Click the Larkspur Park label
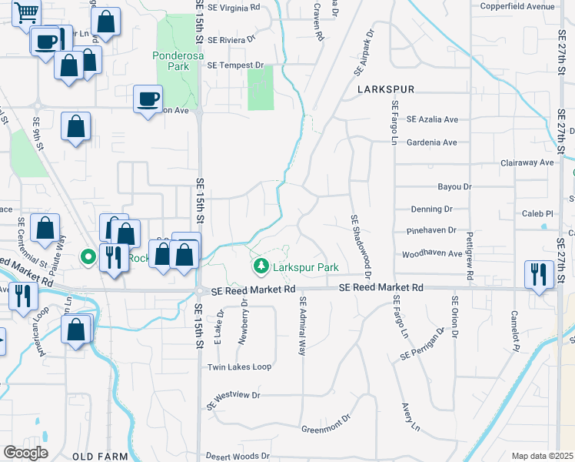pos(306,267)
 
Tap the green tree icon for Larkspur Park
pos(261,266)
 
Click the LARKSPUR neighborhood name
pos(386,90)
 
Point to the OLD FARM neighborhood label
pos(100,457)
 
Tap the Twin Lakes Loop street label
pos(240,367)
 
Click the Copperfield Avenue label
pos(517,6)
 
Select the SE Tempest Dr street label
pos(235,65)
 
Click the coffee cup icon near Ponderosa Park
pos(148,99)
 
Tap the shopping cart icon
pos(26,13)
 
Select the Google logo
pos(25,453)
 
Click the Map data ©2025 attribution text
pos(542,456)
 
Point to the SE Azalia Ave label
pos(432,119)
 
